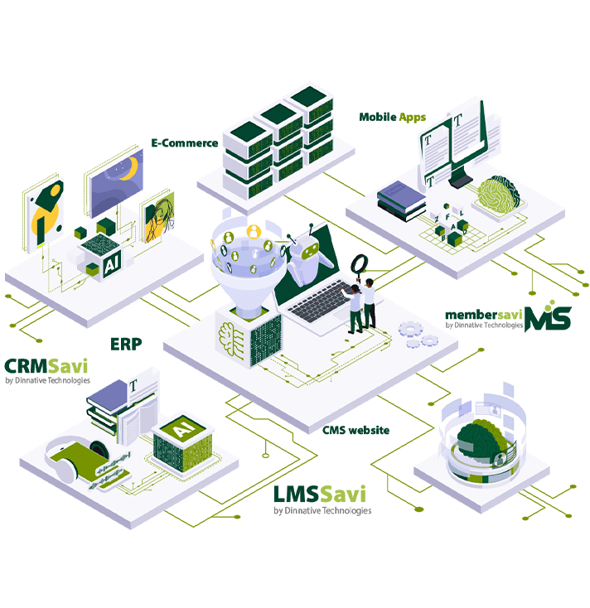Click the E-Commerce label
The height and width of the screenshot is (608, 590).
(x=184, y=142)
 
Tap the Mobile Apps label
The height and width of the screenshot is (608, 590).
(x=392, y=117)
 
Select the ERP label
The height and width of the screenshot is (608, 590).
(x=125, y=343)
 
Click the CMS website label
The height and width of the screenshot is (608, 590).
(x=355, y=430)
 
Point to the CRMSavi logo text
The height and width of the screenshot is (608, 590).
(x=46, y=366)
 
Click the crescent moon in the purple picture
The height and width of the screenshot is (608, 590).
(x=126, y=169)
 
